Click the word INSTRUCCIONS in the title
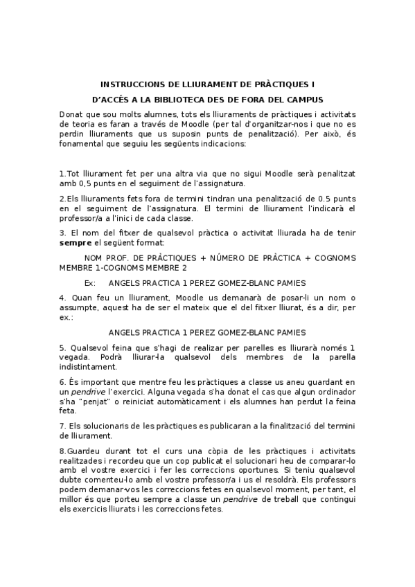[128, 82]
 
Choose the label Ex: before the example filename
[89, 283]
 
